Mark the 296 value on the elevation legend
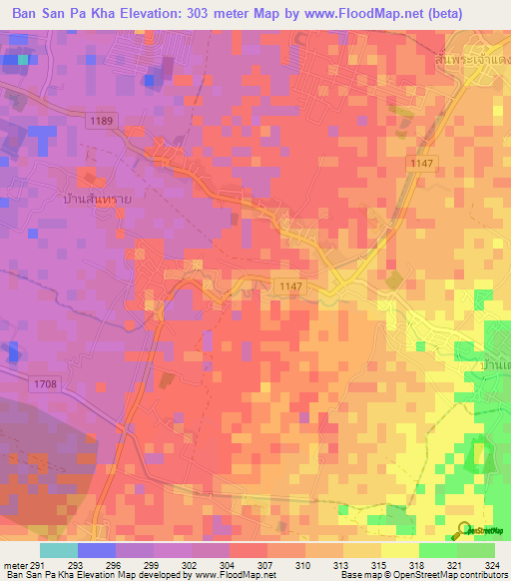click(x=126, y=565)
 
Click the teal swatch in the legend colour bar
click(x=59, y=550)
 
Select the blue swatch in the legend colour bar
click(x=97, y=550)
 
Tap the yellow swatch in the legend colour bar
click(x=399, y=550)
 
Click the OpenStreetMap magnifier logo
click(x=464, y=529)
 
